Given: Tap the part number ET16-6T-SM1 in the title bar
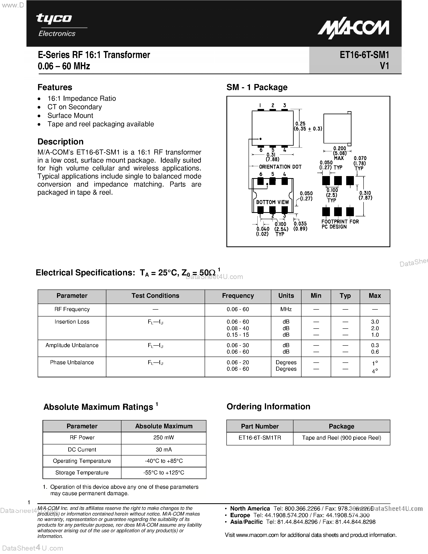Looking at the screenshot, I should pos(364,55).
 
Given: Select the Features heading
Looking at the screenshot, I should pos(55,87).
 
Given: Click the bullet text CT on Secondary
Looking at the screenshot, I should pos(75,107).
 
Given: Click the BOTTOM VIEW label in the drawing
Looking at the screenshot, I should pos(272,202).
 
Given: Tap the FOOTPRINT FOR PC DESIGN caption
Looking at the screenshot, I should pos(340,224).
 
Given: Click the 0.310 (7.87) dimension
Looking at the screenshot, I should pos(365,195).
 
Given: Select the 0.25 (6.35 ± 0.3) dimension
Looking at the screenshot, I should pos(308,126).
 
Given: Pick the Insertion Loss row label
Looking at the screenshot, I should pos(72,322).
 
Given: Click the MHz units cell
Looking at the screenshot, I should pos(286,309).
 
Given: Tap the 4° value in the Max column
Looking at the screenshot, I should pos(375,371).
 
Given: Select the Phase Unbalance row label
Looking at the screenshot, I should pos(72,362).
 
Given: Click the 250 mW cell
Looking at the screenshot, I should pos(164,438).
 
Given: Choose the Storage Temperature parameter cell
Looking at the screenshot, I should pos(82,473).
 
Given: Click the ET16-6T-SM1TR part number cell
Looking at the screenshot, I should pos(260,438).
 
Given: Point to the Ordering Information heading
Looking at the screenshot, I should pos(268,407).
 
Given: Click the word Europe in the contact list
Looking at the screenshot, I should pos(240,515).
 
